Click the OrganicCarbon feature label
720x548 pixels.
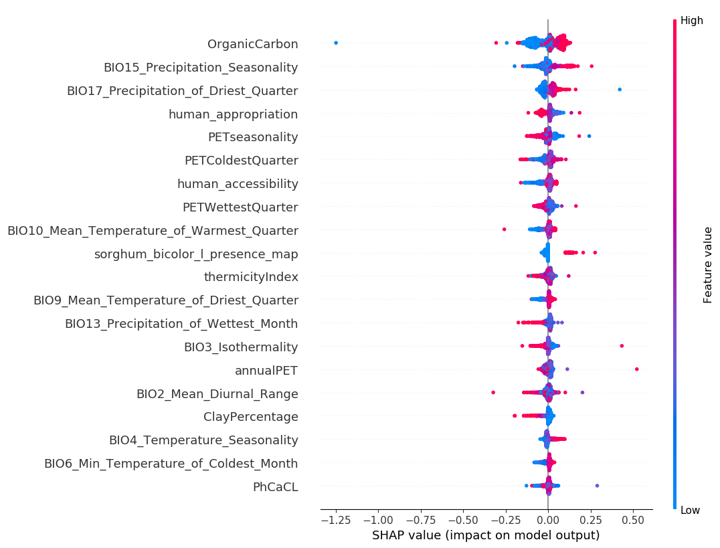[252, 44]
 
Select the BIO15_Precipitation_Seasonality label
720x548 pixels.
[201, 68]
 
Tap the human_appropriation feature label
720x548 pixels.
[233, 114]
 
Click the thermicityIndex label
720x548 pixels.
[251, 277]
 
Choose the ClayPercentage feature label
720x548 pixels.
[250, 417]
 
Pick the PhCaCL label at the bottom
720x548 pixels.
[275, 487]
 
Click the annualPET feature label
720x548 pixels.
[266, 371]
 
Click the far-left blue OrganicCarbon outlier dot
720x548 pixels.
[336, 43]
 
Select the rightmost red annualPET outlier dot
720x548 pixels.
[636, 369]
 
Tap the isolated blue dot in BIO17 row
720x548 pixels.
[620, 89]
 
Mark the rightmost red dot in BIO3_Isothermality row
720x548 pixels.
[622, 346]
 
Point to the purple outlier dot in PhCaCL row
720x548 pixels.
[597, 486]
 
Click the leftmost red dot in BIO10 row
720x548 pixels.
[504, 230]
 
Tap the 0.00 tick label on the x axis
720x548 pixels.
[548, 520]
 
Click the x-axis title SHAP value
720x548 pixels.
[485, 535]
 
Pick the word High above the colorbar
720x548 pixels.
[692, 21]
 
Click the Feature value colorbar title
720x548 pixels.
[708, 265]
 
